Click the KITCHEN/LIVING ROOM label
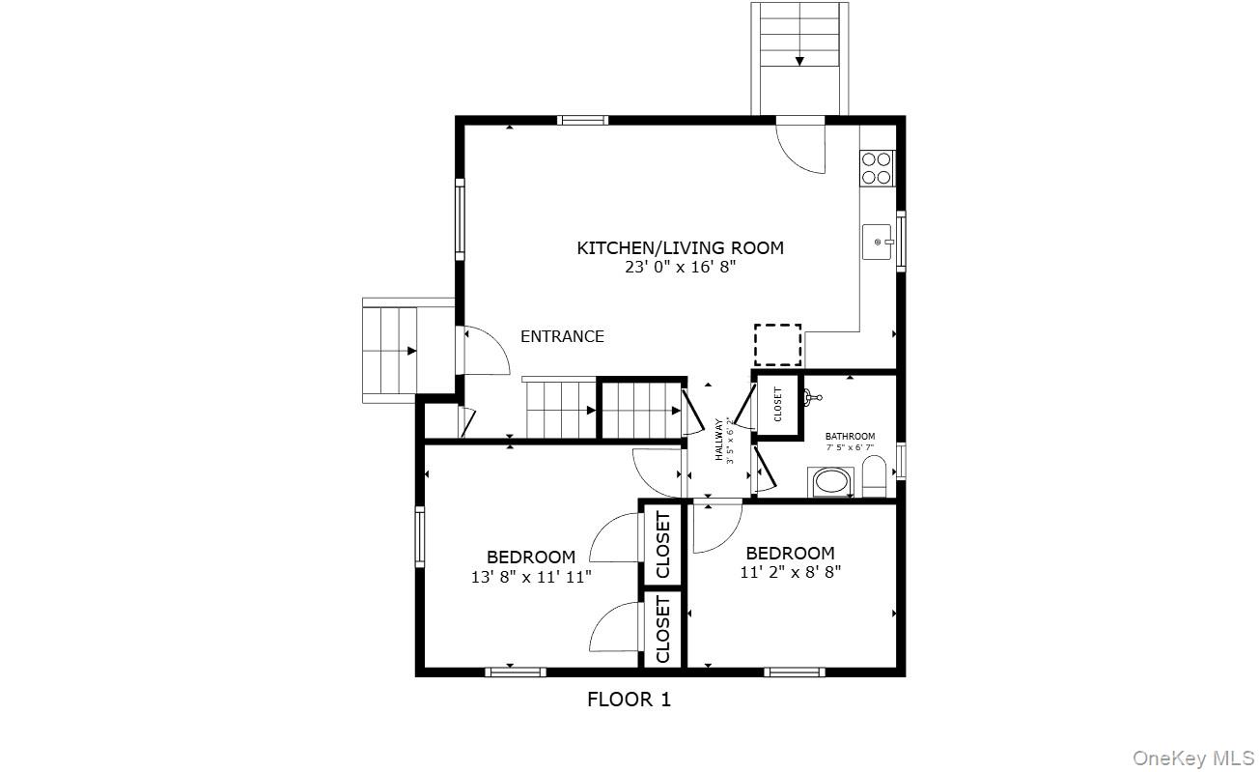click(x=680, y=248)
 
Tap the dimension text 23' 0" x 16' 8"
click(x=680, y=268)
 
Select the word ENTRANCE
click(x=562, y=336)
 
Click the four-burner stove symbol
click(x=876, y=168)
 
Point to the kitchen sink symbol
click(x=878, y=242)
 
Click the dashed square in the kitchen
click(x=777, y=344)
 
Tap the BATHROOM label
click(x=850, y=437)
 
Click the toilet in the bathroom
click(x=874, y=476)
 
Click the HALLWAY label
click(x=719, y=440)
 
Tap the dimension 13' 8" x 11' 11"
click(x=531, y=577)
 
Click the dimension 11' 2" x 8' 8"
click(x=790, y=571)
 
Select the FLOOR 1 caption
click(x=629, y=700)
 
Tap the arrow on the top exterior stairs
click(x=799, y=61)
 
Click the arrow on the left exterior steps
click(x=411, y=351)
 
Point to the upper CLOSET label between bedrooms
click(x=663, y=545)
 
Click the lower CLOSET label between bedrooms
click(x=663, y=629)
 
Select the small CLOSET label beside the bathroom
click(x=778, y=405)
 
